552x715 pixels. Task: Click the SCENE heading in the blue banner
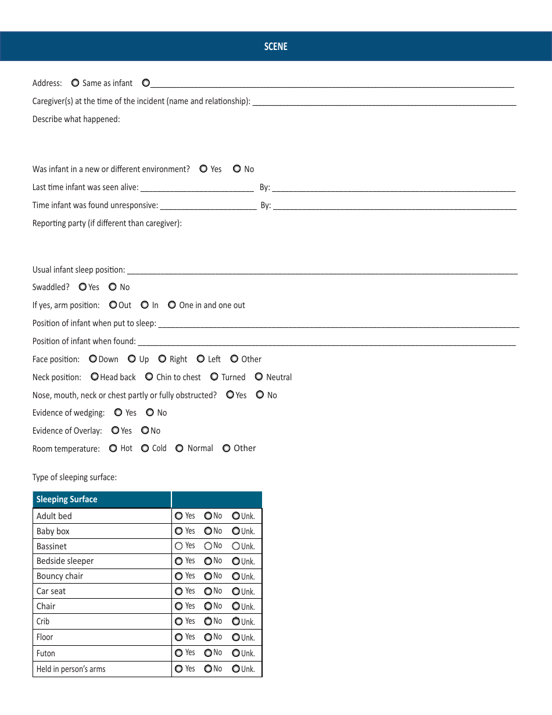coord(275,47)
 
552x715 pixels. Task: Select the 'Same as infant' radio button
coord(75,83)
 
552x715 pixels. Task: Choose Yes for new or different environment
coord(203,169)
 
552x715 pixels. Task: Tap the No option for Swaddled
coord(113,287)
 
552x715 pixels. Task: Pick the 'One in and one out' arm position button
coord(172,305)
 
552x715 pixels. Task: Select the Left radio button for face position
coord(200,359)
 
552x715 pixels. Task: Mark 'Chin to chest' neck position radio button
coord(149,377)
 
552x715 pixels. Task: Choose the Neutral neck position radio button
coord(259,377)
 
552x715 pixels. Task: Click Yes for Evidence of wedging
coord(118,412)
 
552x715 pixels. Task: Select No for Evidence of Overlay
coord(145,431)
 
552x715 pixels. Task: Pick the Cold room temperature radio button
coord(145,448)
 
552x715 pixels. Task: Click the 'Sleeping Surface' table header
coord(67,499)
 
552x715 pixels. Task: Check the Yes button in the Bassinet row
coord(178,546)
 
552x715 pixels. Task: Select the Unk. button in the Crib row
coord(236,621)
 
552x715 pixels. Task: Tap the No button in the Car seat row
coord(208,591)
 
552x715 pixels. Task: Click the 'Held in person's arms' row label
coord(71,669)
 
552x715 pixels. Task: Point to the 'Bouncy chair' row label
coord(60,576)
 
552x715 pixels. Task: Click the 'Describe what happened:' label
coord(76,119)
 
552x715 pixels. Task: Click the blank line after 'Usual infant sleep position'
coord(322,270)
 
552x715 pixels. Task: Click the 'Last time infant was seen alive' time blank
coord(197,188)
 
